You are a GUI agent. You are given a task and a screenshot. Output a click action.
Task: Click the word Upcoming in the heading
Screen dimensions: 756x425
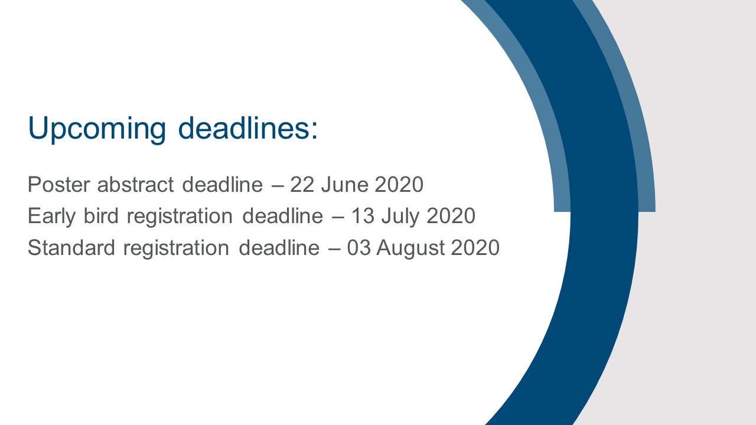pos(97,129)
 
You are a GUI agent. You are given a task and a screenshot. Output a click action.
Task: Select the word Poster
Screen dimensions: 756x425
pos(59,185)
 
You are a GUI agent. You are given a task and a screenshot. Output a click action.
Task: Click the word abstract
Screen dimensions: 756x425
pos(136,184)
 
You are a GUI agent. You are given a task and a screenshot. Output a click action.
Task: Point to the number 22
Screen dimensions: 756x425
pos(302,185)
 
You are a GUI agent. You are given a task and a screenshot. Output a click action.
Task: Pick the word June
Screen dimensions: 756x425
pos(344,185)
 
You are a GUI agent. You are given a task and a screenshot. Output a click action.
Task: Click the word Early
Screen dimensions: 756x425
pos(51,216)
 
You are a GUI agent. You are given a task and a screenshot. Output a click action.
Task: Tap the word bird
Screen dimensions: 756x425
pos(101,215)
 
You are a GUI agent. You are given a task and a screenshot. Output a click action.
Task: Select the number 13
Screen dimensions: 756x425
pos(363,216)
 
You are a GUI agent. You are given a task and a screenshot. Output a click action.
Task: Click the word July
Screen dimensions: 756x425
pos(400,217)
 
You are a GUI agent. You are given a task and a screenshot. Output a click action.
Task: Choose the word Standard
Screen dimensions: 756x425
pos(71,247)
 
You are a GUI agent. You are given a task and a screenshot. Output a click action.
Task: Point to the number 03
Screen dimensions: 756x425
pos(359,247)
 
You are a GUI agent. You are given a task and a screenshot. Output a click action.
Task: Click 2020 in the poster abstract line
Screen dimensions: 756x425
pos(399,185)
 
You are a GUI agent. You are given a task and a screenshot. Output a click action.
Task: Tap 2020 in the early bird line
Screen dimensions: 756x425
pos(451,216)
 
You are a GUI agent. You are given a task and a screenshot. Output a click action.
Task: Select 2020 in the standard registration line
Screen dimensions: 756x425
pos(475,247)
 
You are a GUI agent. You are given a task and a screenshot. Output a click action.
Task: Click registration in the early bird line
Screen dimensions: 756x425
pos(180,217)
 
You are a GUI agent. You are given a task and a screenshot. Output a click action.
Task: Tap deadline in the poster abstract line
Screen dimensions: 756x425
pos(222,184)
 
